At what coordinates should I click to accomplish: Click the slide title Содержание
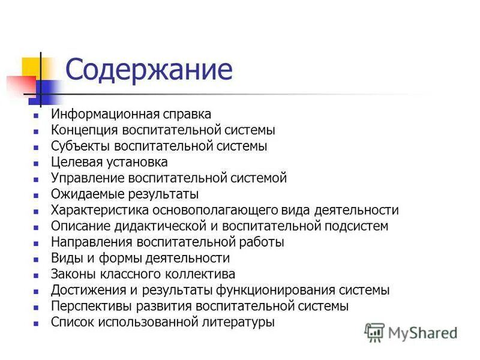pyautogui.click(x=149, y=70)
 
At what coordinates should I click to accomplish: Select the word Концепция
pyautogui.click(x=85, y=130)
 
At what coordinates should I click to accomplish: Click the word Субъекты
pyautogui.click(x=80, y=146)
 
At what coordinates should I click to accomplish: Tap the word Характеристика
pyautogui.click(x=98, y=210)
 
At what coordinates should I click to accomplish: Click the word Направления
pyautogui.click(x=92, y=242)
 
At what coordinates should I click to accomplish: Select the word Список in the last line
pyautogui.click(x=72, y=322)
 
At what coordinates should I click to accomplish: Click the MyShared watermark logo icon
pyautogui.click(x=374, y=332)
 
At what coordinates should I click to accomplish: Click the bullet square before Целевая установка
pyautogui.click(x=37, y=163)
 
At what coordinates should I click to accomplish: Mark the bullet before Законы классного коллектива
pyautogui.click(x=37, y=275)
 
